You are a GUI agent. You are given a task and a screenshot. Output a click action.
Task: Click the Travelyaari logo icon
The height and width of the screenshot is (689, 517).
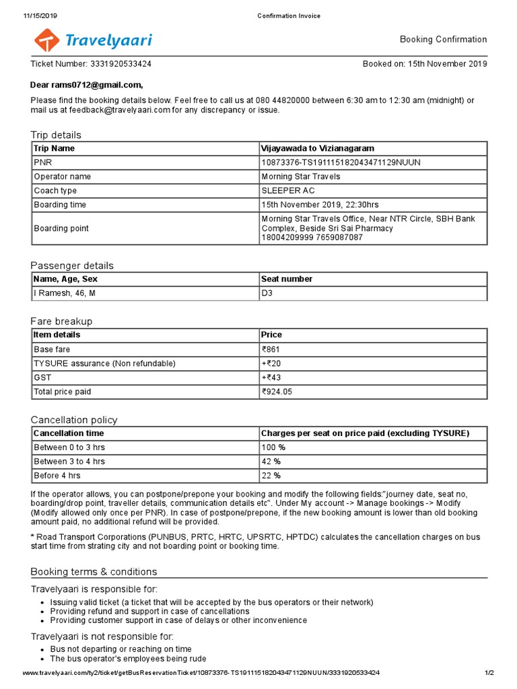click(46, 40)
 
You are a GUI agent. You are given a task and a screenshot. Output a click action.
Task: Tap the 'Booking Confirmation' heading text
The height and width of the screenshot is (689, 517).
click(443, 40)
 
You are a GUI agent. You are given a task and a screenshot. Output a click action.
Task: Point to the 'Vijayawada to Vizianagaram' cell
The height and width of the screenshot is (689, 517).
click(318, 148)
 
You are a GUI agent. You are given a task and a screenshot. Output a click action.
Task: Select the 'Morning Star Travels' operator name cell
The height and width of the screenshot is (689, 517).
click(300, 176)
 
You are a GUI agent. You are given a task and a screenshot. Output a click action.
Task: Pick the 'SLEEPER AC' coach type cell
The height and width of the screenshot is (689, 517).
click(288, 190)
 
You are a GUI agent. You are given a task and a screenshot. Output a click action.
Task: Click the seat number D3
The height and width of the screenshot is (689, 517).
click(267, 293)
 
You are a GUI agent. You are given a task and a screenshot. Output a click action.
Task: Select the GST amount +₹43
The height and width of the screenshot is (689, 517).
click(271, 377)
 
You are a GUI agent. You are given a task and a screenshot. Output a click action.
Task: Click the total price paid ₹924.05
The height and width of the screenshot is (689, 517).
click(277, 392)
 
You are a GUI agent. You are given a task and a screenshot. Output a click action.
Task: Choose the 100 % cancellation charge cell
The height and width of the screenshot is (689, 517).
click(273, 447)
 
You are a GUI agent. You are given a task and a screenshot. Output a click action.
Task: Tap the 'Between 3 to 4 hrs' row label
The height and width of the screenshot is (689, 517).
click(69, 462)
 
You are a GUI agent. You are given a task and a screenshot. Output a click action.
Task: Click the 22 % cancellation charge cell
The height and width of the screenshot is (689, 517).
click(271, 476)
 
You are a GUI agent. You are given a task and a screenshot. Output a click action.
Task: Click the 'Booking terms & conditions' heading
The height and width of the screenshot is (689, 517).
click(94, 572)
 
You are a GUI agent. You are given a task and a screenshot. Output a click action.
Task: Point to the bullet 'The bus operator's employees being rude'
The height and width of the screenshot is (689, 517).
click(128, 659)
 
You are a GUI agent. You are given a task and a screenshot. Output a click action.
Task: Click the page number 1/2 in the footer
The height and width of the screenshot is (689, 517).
click(489, 673)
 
